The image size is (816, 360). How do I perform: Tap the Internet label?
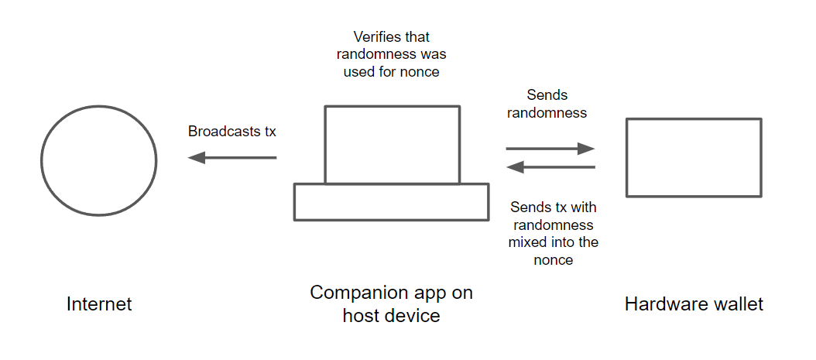99,304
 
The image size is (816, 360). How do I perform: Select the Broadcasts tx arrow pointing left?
232,158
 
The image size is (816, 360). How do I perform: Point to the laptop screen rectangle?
392,144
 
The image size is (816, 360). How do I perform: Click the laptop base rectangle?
391,202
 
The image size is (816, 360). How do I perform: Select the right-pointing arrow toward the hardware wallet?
550,149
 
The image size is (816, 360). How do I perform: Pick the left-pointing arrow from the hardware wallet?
550,167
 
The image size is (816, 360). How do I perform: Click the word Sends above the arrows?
547,95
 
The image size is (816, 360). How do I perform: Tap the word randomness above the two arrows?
547,113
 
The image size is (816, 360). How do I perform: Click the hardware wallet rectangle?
694,157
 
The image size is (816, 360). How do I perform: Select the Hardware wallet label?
694,304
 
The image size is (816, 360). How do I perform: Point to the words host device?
391,316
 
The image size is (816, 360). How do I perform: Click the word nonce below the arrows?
554,260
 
